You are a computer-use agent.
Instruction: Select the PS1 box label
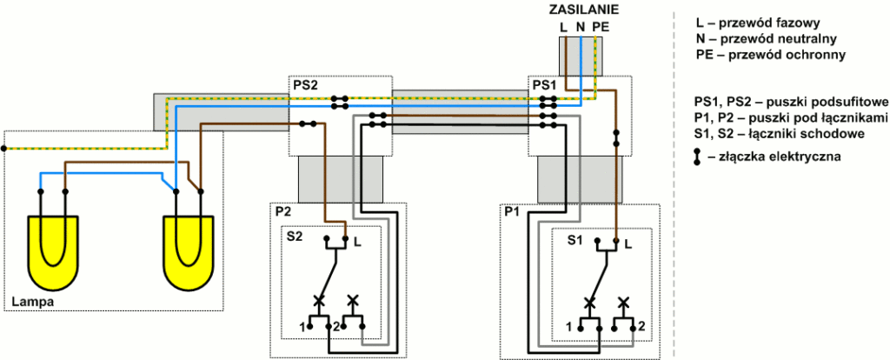pos(544,86)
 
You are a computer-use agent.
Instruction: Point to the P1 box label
pos(512,212)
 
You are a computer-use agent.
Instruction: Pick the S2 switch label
pos(296,236)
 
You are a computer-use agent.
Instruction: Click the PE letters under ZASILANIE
pos(600,27)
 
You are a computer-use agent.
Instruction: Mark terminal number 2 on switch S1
pos(641,325)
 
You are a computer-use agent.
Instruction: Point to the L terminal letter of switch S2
pos(358,243)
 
